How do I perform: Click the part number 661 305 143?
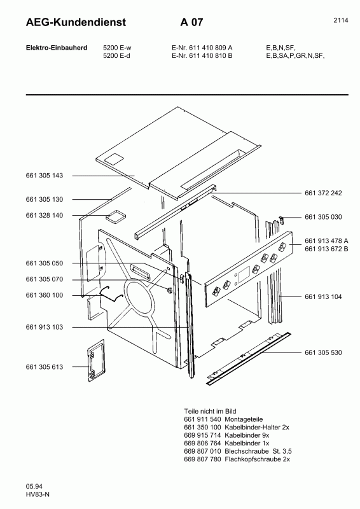tap(45, 176)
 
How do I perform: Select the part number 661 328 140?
tap(45, 216)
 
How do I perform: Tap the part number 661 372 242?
tap(323, 193)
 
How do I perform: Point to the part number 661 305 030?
tap(323, 217)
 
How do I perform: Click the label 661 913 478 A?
tap(327, 240)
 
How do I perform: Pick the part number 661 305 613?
tap(45, 366)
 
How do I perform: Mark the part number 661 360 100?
tap(45, 295)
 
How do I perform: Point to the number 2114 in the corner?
tap(340, 20)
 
